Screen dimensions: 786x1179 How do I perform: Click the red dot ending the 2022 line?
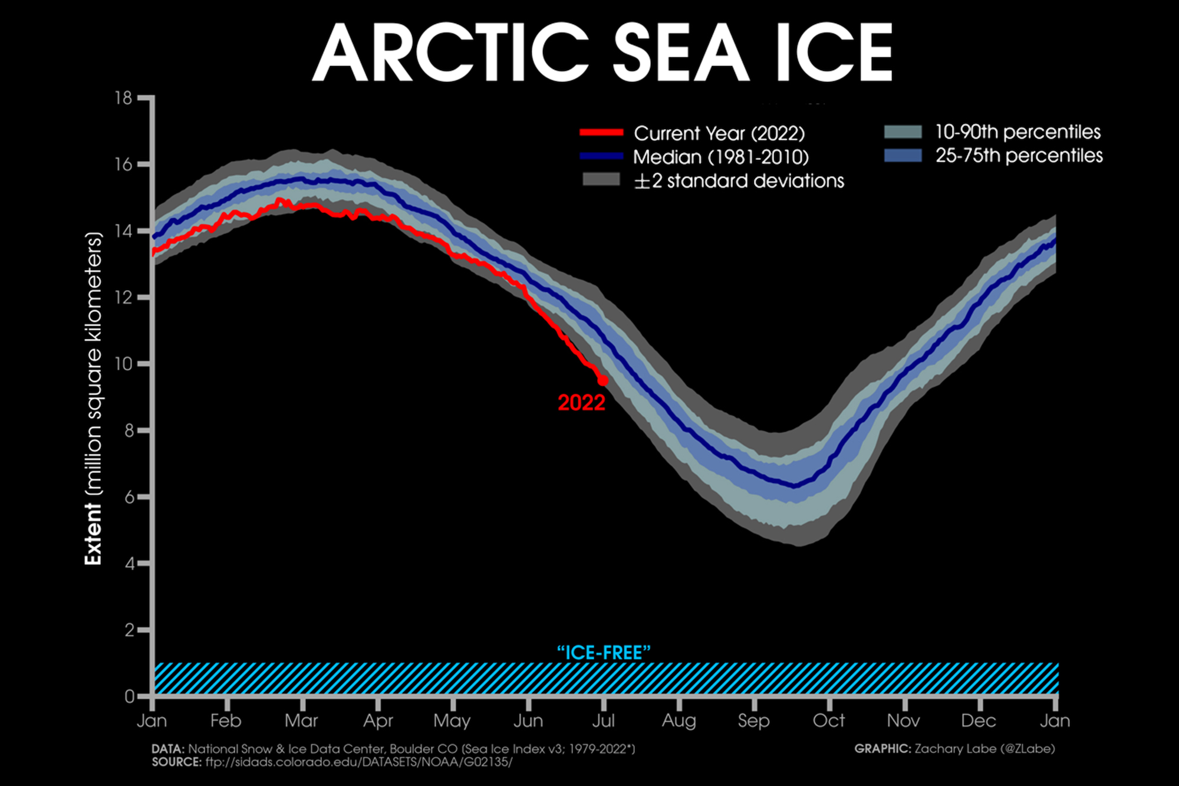602,381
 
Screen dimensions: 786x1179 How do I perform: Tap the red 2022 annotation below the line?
581,403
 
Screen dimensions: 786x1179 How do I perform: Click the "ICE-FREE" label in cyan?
604,653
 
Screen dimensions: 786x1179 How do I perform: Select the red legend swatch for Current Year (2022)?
601,133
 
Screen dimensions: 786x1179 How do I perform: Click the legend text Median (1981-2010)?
720,157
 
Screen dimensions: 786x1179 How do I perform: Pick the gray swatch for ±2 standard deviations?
601,180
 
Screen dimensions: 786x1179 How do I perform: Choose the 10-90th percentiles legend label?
1017,132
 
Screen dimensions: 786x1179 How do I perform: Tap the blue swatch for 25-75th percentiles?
903,156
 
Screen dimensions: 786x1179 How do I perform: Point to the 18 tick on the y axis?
124,98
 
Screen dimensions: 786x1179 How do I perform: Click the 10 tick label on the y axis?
124,364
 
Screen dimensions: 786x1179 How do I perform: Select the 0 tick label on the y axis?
129,696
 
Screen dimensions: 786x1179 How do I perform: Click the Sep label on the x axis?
753,721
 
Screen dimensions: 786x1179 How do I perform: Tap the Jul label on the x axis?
603,721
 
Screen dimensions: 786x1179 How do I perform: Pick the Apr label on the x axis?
378,721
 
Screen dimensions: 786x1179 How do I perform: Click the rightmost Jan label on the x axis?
1055,721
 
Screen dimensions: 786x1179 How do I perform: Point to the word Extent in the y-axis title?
93,534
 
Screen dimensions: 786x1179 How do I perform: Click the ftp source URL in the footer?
358,762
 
